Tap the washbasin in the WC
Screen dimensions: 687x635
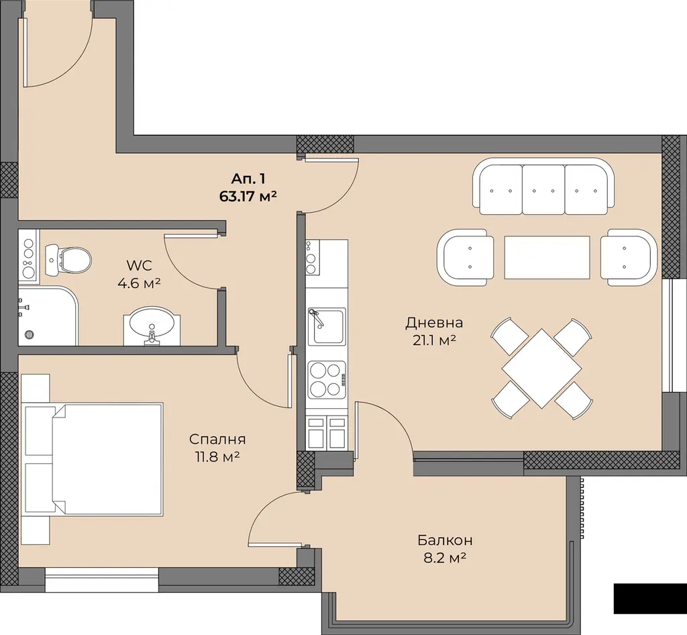click(x=152, y=325)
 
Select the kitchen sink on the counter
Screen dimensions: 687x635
click(x=327, y=326)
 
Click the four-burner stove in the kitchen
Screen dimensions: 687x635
click(x=327, y=380)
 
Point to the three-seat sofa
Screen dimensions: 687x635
click(x=543, y=186)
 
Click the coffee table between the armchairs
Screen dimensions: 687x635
click(x=547, y=257)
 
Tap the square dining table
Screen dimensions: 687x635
click(x=542, y=368)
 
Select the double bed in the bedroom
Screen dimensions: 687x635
click(x=94, y=458)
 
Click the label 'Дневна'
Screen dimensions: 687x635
click(x=434, y=323)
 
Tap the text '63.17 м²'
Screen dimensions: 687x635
click(x=248, y=196)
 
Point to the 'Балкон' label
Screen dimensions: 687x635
click(x=445, y=540)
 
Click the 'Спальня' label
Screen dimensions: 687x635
click(x=217, y=439)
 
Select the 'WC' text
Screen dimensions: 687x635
click(x=140, y=265)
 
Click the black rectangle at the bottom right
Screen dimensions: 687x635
click(x=650, y=598)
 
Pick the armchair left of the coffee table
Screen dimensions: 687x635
click(x=466, y=257)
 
